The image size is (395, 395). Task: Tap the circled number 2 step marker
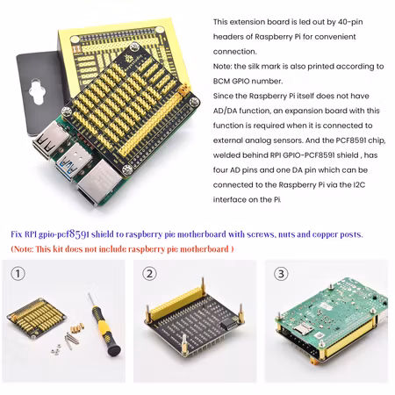pyautogui.click(x=151, y=274)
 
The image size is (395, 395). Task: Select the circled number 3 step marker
pyautogui.click(x=281, y=274)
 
